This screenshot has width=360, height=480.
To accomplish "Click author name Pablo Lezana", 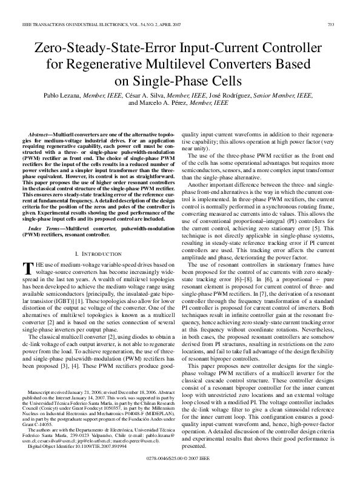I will point(62,95).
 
